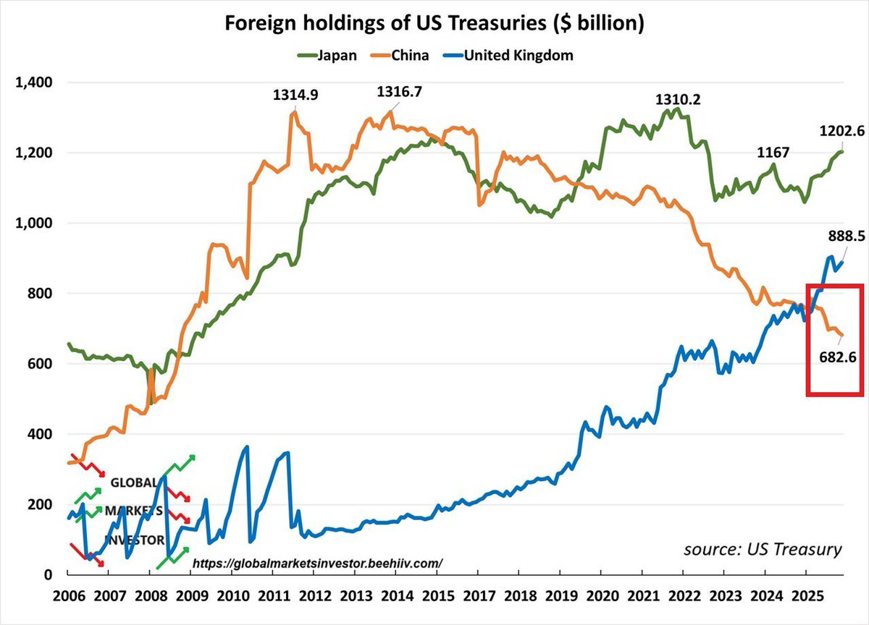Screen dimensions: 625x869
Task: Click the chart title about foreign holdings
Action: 434,23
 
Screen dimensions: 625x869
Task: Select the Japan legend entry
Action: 329,56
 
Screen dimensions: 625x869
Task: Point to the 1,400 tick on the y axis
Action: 33,82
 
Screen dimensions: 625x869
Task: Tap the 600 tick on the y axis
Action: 40,364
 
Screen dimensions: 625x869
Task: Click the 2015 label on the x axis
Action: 436,599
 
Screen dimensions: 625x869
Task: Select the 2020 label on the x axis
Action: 600,599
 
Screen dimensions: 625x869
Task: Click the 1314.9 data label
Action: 295,95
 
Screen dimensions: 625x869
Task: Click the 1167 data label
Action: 773,153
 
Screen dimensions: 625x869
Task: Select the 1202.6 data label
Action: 841,132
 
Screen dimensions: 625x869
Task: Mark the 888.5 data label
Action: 841,236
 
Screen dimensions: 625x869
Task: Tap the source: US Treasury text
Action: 763,549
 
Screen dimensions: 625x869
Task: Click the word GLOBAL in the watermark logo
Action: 134,482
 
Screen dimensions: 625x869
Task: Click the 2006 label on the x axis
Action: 68,599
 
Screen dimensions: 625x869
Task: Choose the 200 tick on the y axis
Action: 40,504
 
